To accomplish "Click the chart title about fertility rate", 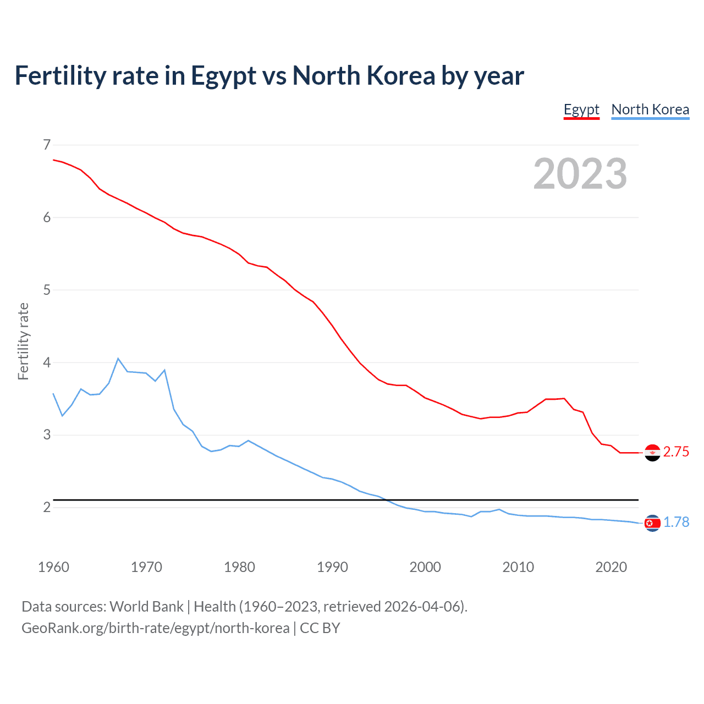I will [269, 76].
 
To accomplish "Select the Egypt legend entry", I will [581, 109].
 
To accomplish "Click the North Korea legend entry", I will [650, 109].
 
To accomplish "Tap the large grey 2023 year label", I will [580, 174].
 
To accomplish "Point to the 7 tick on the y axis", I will [47, 145].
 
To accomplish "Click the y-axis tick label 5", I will [47, 290].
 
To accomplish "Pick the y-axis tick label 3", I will [47, 435].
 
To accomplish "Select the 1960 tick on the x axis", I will [53, 567].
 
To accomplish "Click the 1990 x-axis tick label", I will [332, 567].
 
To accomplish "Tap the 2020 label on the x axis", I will [611, 567].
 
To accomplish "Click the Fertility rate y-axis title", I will [23, 341].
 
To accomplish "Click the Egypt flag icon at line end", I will [652, 453].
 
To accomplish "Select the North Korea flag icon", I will [652, 523].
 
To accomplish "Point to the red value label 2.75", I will [676, 452].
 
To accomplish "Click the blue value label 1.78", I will [676, 522].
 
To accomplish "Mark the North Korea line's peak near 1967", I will [118, 359].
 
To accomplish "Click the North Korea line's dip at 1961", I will [62, 415].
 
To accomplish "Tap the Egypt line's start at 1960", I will [53, 160].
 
